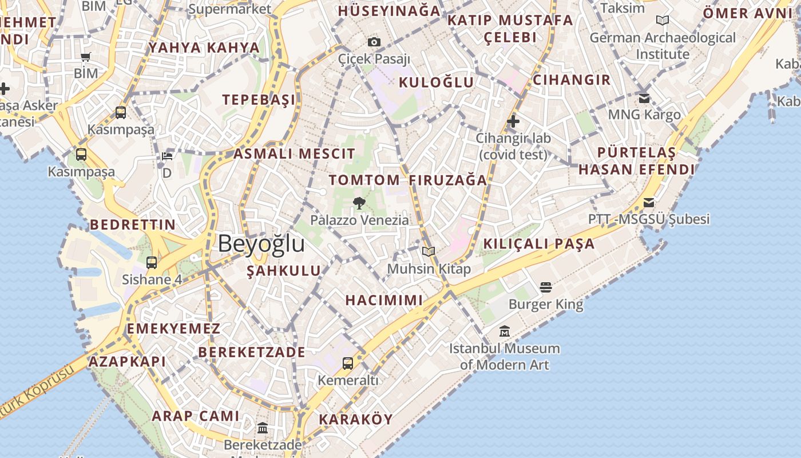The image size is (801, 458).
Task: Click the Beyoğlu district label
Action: pos(261,244)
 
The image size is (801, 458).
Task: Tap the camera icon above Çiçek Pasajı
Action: pos(374,42)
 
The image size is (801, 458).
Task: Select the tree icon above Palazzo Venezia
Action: pos(359,203)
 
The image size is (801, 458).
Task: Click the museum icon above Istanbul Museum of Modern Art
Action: pos(504,331)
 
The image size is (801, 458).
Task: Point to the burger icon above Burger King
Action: pos(546,287)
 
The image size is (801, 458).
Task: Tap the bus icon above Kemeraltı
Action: pos(348,363)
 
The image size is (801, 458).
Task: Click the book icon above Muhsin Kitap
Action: pos(429,251)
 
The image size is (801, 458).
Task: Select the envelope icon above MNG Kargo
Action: pos(644,98)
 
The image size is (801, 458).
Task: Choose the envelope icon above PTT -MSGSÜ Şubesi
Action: pos(649,203)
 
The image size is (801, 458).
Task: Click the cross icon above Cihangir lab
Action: pos(513,121)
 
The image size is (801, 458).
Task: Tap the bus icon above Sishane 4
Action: pos(152,263)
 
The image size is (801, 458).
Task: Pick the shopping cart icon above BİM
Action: pos(86,57)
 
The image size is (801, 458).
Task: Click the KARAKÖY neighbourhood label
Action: pos(356,419)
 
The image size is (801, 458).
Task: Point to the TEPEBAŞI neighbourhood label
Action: pos(259,100)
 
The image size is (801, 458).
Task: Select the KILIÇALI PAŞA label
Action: pos(539,244)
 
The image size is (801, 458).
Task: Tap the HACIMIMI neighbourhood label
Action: pos(384,300)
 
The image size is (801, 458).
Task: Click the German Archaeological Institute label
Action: pos(663,46)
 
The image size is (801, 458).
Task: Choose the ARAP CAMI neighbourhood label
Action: pos(195,416)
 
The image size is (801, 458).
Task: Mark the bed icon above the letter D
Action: pos(167,156)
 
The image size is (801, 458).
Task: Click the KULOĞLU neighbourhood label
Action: pos(437,82)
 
